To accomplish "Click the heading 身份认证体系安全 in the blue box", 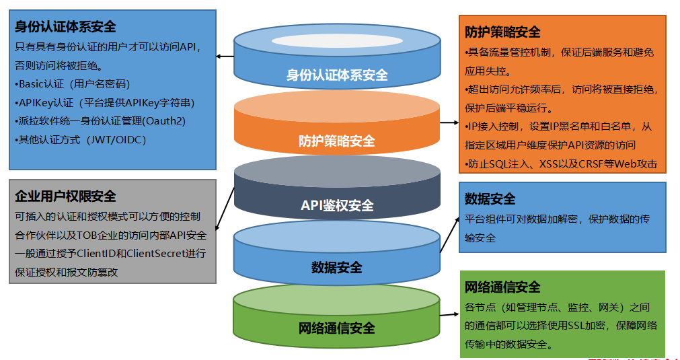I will click(65, 27).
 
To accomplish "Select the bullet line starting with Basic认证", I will click(72, 84).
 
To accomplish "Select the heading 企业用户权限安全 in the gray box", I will click(65, 196).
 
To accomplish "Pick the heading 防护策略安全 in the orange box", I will click(502, 32).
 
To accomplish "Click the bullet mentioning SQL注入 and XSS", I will click(560, 164).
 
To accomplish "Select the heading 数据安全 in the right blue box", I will click(490, 199).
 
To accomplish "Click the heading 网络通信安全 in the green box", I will click(502, 287).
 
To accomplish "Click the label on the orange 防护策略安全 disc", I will click(337, 141).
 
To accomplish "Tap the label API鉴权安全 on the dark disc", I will click(337, 205).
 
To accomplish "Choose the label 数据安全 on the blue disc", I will click(337, 267).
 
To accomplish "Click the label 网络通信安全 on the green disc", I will click(337, 328).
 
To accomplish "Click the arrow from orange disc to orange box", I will click(449, 124).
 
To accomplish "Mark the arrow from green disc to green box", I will click(449, 314).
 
